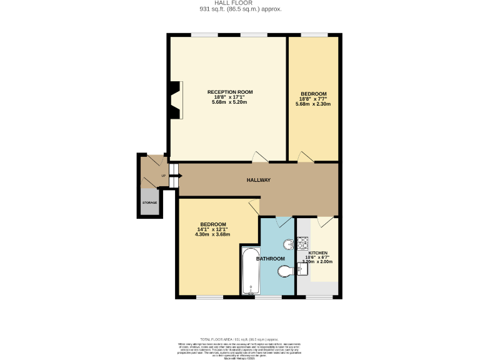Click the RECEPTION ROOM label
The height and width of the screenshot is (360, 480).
(x=231, y=92)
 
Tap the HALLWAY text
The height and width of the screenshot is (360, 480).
(x=258, y=180)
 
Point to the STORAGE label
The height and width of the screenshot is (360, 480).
(x=149, y=202)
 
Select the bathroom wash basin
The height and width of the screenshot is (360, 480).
(x=288, y=244)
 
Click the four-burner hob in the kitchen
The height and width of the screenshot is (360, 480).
(x=302, y=241)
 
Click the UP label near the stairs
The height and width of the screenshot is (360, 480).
(x=164, y=176)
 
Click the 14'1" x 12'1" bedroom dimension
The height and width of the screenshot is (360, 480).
(x=213, y=229)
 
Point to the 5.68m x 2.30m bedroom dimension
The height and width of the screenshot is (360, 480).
(x=312, y=104)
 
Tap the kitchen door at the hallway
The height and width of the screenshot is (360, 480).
(x=325, y=222)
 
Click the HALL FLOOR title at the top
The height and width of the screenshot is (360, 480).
(x=241, y=3)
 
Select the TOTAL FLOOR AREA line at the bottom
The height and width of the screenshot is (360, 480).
(x=241, y=337)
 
